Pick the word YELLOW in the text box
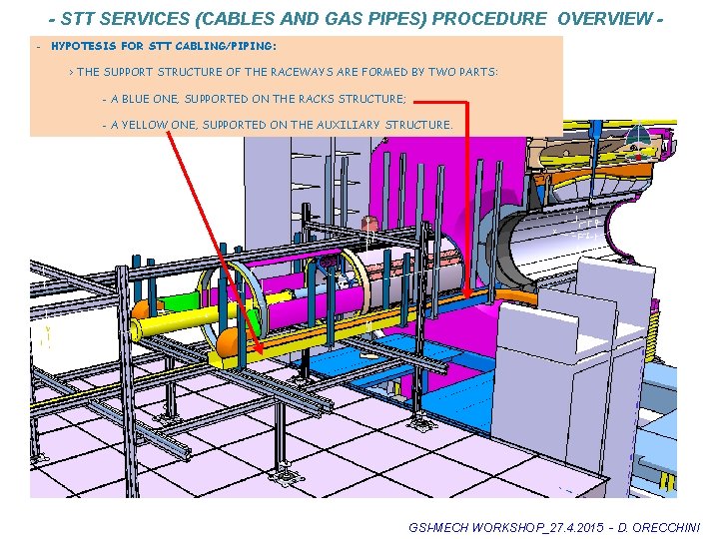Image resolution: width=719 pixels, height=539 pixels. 145,125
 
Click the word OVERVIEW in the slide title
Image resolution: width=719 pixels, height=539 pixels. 607,19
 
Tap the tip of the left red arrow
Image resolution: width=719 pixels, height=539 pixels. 263,352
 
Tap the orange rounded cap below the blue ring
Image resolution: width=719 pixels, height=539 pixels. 228,341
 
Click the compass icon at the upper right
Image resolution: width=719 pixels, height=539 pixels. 635,142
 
